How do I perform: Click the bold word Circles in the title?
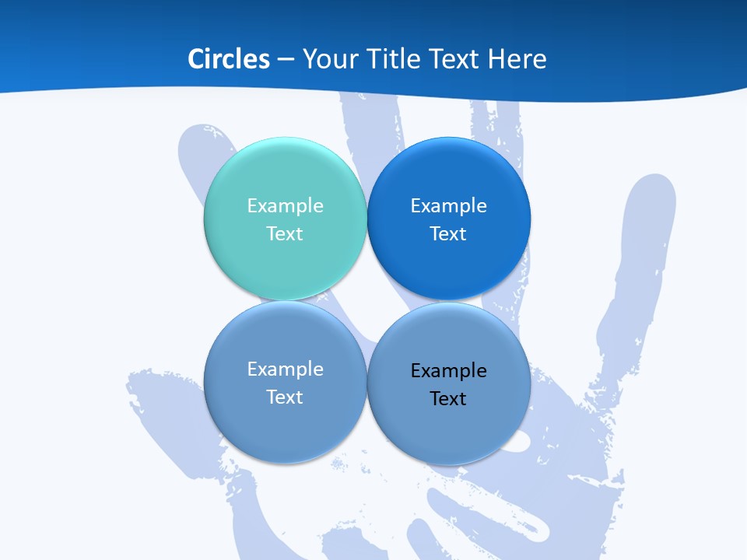click(x=229, y=59)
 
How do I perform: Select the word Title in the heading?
click(x=395, y=59)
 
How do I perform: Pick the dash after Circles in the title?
click(x=286, y=60)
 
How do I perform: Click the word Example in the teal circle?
click(x=285, y=205)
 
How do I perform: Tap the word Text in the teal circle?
click(x=285, y=233)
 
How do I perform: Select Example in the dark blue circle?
click(x=448, y=205)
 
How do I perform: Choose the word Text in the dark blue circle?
click(x=448, y=233)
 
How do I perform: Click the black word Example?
click(x=448, y=370)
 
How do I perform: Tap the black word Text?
click(x=448, y=398)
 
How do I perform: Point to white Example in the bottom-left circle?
click(x=285, y=369)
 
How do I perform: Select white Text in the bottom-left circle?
click(x=285, y=397)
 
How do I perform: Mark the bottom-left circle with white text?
click(x=285, y=432)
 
